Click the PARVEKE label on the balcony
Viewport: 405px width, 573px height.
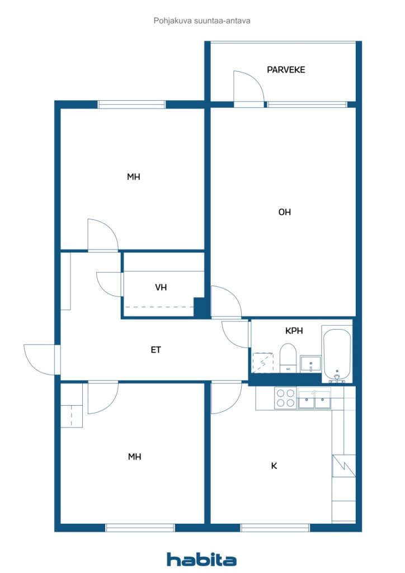[286, 70]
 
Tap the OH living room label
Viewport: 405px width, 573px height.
[285, 212]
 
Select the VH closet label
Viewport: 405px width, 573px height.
[161, 287]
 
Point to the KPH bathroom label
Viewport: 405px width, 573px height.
[294, 331]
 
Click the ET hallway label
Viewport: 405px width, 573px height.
[156, 350]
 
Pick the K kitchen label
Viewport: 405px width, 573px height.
[275, 466]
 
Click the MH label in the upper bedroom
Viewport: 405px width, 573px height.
[133, 177]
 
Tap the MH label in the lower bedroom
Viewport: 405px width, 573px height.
[134, 457]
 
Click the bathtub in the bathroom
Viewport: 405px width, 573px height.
[337, 355]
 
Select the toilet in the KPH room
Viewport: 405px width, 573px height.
[288, 358]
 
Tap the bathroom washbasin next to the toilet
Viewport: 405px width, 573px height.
[310, 364]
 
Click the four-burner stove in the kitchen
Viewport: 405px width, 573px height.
[285, 398]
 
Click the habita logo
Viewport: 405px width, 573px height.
[201, 559]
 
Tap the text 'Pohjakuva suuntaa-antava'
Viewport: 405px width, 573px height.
[201, 21]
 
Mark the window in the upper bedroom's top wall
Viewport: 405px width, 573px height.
[132, 104]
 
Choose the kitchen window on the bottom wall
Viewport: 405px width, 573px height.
[275, 527]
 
